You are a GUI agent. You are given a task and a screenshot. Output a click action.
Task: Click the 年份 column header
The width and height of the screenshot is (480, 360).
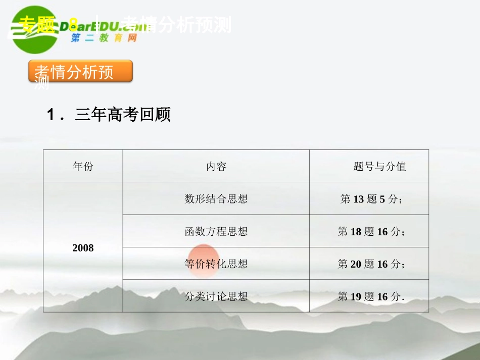[x=83, y=167]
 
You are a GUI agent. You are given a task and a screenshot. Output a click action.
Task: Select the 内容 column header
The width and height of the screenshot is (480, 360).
[x=216, y=167]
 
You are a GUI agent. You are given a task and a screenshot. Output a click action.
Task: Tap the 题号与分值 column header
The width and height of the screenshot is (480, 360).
[x=379, y=167]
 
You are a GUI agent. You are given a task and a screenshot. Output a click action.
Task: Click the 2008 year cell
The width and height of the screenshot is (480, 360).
[x=83, y=248]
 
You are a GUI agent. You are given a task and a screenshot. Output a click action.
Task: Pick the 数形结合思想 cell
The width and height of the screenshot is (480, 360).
[x=216, y=199]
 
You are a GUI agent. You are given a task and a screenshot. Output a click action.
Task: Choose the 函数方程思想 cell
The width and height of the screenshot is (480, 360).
[x=216, y=232]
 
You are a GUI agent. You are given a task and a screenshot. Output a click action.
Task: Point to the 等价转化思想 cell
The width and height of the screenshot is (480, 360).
[x=216, y=264]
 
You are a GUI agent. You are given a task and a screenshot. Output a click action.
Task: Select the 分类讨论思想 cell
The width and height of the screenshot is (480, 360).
[x=216, y=296]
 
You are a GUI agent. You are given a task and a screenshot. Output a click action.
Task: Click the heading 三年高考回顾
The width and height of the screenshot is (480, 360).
[x=123, y=115]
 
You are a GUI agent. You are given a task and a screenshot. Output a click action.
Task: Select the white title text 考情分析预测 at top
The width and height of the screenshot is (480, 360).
[x=177, y=24]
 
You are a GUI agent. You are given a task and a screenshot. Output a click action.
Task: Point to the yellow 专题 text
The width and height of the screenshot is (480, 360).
[x=36, y=23]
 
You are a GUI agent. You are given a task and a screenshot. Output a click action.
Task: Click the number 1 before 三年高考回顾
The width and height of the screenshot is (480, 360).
[x=51, y=115]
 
